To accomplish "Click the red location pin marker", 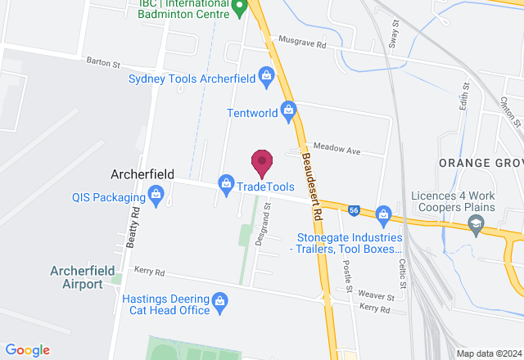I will (x=261, y=163).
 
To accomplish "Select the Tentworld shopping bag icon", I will (x=287, y=110).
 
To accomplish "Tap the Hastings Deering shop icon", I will (x=219, y=304).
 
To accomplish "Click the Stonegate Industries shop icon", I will (x=382, y=215).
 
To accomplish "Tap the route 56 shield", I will (x=354, y=210).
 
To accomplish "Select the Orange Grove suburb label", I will (x=481, y=163).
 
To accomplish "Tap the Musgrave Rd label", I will (x=302, y=39).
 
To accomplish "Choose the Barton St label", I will (x=104, y=62).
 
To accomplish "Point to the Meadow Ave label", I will (x=337, y=151).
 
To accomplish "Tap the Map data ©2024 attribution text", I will (x=488, y=353).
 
